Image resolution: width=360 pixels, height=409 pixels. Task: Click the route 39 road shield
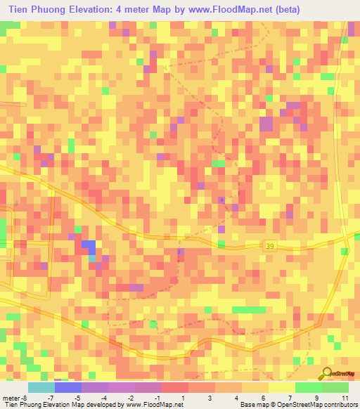tap(272, 245)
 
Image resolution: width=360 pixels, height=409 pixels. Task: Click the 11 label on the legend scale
tap(345, 397)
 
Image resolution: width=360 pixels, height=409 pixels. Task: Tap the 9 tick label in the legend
tap(319, 397)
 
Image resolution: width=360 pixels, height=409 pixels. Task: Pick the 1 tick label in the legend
tap(184, 397)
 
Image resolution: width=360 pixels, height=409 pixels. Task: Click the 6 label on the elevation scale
tap(264, 397)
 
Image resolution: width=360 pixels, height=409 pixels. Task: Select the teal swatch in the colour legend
tap(41, 387)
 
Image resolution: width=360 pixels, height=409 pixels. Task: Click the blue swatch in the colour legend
tap(67, 387)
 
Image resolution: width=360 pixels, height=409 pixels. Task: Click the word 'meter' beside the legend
tap(12, 397)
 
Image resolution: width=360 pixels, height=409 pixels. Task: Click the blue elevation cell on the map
tap(89, 245)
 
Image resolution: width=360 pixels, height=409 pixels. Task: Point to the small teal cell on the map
tap(92, 258)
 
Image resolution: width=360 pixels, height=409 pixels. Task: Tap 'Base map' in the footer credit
tap(253, 405)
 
